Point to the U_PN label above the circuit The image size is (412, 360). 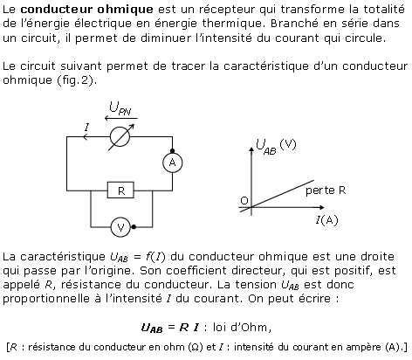click(x=120, y=108)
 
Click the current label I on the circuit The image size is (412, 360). click(x=86, y=128)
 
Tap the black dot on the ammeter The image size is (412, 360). click(x=173, y=151)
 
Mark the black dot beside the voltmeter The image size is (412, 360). click(x=134, y=227)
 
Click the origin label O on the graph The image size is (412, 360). click(x=244, y=201)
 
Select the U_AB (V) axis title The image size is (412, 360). click(x=276, y=147)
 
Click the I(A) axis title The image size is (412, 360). click(x=327, y=220)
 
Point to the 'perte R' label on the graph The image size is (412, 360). click(x=326, y=190)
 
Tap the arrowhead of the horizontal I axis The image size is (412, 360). click(x=321, y=207)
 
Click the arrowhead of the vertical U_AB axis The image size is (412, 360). click(x=251, y=149)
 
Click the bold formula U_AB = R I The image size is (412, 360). click(x=170, y=328)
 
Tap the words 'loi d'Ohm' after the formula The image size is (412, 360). click(x=240, y=327)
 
